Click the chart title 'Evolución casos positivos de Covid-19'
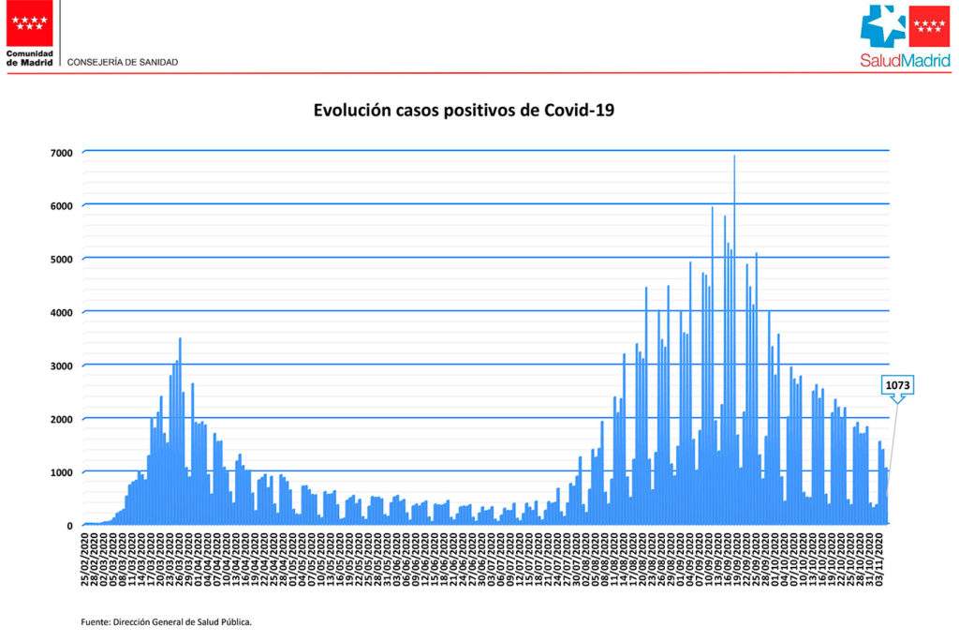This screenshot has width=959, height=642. pos(464,111)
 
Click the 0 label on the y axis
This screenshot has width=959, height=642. pos(68,526)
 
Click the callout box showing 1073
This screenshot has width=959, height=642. pos(896,384)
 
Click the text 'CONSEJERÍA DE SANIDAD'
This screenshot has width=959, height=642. pos(123,63)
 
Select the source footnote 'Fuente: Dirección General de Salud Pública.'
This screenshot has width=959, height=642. pos(166,621)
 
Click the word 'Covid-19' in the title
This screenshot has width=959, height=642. pos(579,111)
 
